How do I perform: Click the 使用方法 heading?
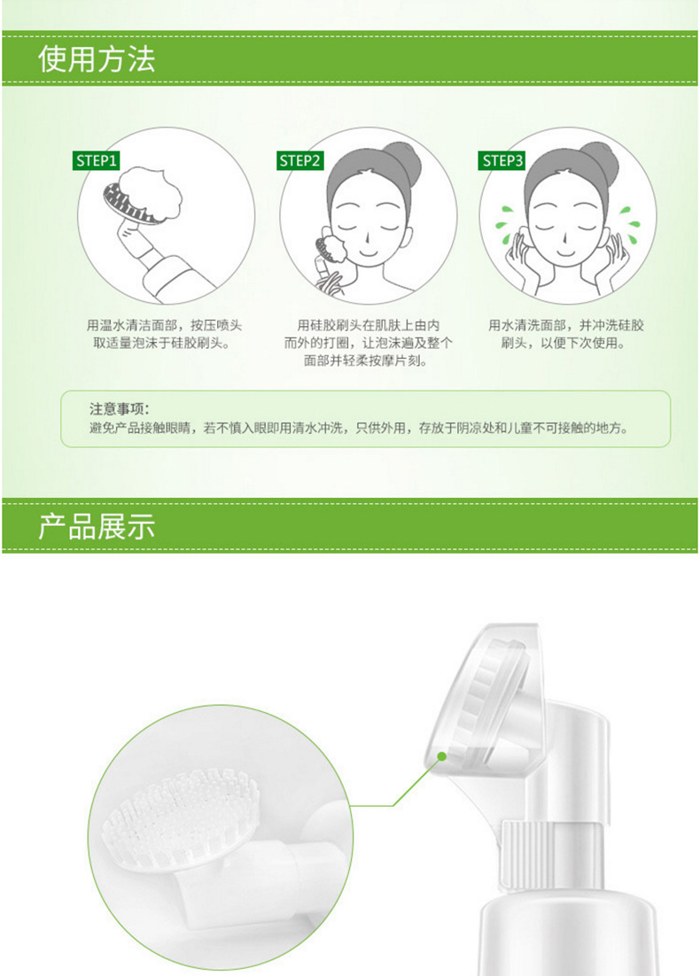tap(97, 59)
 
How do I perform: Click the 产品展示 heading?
tap(97, 527)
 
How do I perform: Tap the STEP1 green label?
tap(96, 160)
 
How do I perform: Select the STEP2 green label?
tap(299, 160)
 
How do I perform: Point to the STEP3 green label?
tap(502, 160)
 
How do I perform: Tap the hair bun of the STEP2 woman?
tap(401, 156)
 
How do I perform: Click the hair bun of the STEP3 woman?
tap(599, 156)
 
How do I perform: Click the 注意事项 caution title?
tap(120, 409)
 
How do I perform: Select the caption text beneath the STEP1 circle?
tap(164, 334)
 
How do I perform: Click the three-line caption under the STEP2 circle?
tap(368, 343)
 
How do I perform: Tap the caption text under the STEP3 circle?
tap(565, 334)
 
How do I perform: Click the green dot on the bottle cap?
tap(441, 756)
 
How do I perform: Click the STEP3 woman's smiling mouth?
tap(565, 253)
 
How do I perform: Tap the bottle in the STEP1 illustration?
tap(163, 267)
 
